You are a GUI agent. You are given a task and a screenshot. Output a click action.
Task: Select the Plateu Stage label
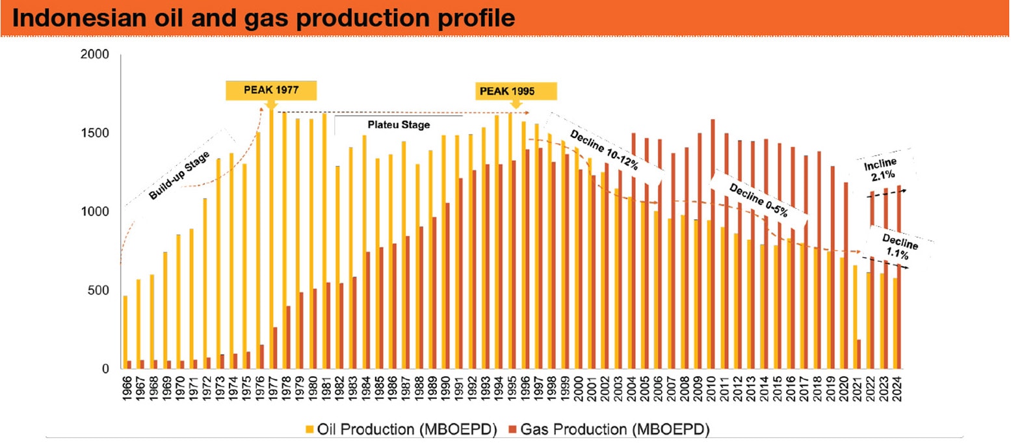407,124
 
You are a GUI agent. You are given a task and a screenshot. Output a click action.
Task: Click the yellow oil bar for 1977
270,241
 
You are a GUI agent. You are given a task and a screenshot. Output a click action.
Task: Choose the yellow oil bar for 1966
125,332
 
